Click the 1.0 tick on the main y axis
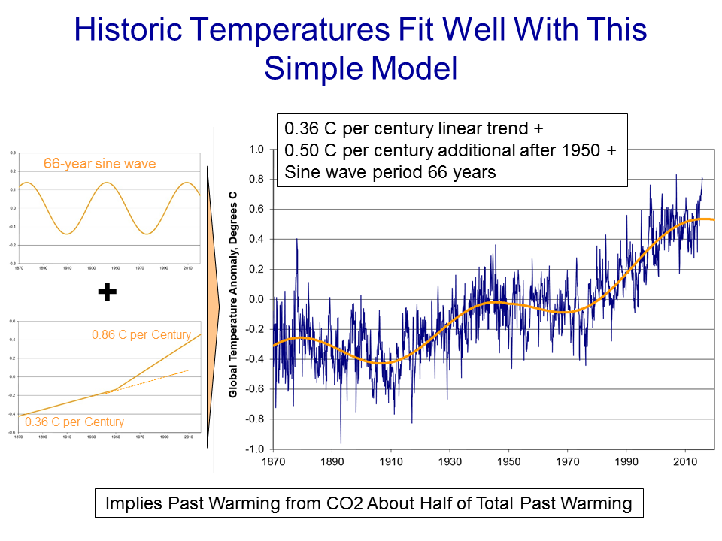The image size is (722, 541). click(256, 150)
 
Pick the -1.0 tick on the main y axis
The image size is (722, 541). click(255, 449)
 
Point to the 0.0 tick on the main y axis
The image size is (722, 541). click(256, 299)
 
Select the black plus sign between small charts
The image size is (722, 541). click(108, 292)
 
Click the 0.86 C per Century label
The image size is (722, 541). click(141, 335)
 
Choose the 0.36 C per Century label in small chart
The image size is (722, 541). click(74, 422)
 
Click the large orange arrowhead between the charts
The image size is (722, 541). click(212, 301)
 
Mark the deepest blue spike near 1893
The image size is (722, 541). click(341, 442)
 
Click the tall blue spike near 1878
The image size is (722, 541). click(297, 240)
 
